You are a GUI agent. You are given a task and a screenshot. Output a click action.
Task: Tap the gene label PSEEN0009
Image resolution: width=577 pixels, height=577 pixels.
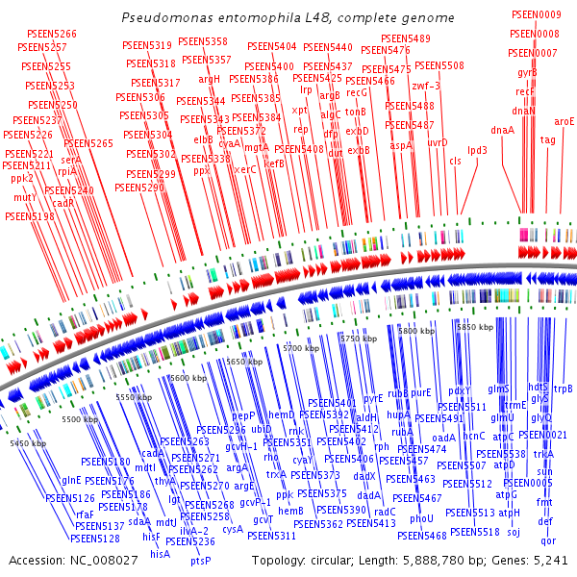[536, 14]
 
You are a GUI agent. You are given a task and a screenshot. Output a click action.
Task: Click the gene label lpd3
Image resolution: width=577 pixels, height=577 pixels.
[477, 150]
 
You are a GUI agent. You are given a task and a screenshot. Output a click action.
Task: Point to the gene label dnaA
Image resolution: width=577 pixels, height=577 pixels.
[502, 130]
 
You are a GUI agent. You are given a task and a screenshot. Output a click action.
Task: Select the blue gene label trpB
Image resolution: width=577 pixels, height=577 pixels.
[563, 389]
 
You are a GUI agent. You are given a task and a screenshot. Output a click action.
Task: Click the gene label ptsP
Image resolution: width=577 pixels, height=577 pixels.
[200, 561]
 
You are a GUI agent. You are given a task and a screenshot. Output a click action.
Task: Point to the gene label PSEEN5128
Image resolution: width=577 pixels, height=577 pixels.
[95, 539]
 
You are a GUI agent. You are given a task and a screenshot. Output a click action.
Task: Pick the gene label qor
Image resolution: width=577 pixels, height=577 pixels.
[548, 540]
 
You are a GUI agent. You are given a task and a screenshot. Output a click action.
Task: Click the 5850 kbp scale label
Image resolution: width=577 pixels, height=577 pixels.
[474, 328]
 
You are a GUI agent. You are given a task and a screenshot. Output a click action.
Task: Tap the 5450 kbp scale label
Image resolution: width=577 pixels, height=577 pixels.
[28, 443]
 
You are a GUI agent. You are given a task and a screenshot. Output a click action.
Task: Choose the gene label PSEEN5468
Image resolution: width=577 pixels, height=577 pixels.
[422, 536]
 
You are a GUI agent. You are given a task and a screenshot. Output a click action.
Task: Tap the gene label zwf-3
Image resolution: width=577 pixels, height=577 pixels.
[425, 86]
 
